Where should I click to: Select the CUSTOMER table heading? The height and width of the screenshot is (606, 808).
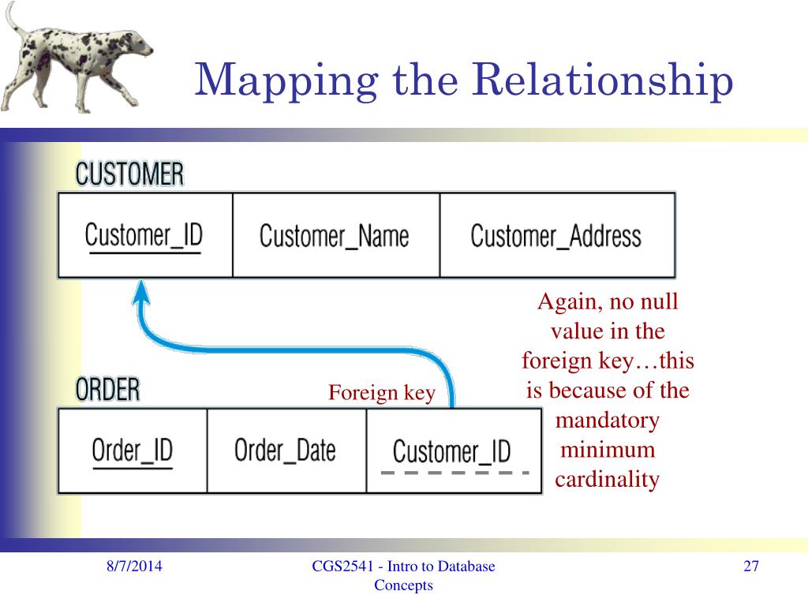129,174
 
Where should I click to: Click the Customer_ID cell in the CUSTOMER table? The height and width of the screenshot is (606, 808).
144,235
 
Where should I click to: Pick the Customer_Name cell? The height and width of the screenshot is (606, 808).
335,235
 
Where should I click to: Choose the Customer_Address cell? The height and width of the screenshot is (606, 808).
555,235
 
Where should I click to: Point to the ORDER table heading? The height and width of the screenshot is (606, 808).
108,390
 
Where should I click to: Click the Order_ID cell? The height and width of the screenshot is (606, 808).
132,451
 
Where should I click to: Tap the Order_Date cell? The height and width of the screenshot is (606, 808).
285,451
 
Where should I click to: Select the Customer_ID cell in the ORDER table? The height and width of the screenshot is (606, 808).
452,452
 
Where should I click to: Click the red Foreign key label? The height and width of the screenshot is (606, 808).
382,393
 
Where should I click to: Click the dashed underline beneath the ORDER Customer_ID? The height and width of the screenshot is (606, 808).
454,473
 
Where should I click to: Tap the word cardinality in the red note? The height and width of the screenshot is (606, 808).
607,480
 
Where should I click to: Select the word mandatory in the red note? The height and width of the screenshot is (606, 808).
607,420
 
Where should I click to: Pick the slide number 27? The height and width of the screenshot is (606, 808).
750,567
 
